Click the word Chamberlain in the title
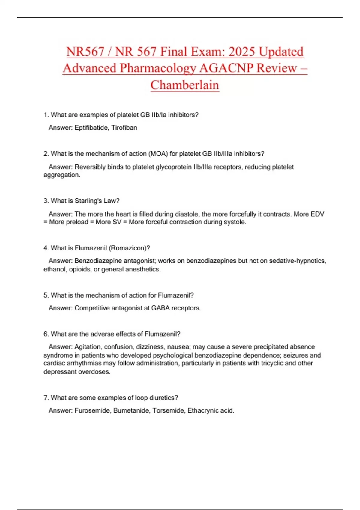pyautogui.click(x=185, y=85)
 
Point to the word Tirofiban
pyautogui.click(x=124, y=127)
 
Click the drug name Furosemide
pyautogui.click(x=93, y=410)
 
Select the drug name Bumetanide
pyautogui.click(x=132, y=410)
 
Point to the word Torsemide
pyautogui.click(x=168, y=410)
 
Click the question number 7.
pyautogui.click(x=46, y=398)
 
